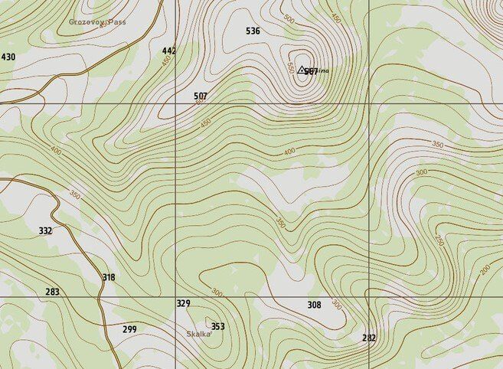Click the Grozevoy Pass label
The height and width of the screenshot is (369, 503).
tap(97, 22)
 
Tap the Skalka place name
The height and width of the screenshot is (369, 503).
tap(198, 334)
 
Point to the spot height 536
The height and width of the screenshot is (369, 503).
tap(253, 31)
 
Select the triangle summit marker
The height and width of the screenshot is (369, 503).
tap(302, 70)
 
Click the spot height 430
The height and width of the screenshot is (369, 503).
tap(8, 57)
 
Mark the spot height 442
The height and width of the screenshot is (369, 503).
tap(169, 51)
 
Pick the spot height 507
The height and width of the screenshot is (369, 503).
tap(201, 96)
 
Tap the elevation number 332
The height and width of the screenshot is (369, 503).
tap(45, 230)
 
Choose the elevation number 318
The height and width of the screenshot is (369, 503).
tap(109, 278)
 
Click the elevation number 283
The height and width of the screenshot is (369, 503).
tap(52, 292)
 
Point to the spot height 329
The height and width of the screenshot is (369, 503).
tap(183, 304)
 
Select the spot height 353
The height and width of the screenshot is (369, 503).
tap(218, 327)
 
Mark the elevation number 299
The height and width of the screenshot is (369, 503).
tap(129, 329)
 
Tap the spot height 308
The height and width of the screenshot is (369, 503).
tap(314, 305)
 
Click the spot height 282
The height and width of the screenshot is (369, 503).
tap(369, 338)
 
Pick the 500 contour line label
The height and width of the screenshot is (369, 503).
tap(289, 18)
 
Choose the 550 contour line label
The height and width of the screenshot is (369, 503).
tap(290, 67)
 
